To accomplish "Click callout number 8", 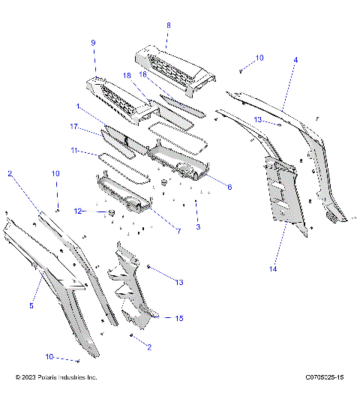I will pyautogui.click(x=168, y=25).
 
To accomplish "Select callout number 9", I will pyautogui.click(x=93, y=43).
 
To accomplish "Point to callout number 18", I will pyautogui.click(x=127, y=76).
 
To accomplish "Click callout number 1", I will pyautogui.click(x=78, y=108).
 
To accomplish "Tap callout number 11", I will pyautogui.click(x=74, y=151).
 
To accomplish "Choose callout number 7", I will pyautogui.click(x=178, y=231).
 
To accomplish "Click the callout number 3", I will pyautogui.click(x=197, y=226).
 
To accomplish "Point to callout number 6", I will pyautogui.click(x=229, y=187).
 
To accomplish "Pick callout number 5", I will pyautogui.click(x=31, y=305).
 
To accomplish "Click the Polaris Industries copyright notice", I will pyautogui.click(x=56, y=377).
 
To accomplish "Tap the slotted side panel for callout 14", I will pyautogui.click(x=285, y=191).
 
